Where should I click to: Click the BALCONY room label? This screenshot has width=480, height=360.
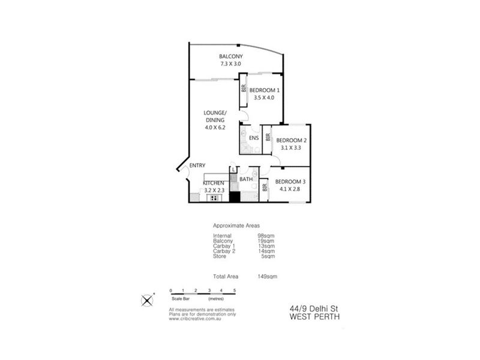[x=231, y=56]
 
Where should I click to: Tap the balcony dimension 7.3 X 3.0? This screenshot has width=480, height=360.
[x=230, y=64]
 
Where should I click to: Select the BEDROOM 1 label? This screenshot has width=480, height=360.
[x=264, y=91]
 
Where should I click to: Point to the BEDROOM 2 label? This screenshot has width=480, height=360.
[x=291, y=140]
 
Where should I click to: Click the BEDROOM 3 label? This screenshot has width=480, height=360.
[x=290, y=182]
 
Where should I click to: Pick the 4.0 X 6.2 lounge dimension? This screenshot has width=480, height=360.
[x=215, y=128]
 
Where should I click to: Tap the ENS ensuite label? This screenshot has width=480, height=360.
[x=254, y=138]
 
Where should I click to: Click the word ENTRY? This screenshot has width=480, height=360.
[x=197, y=166]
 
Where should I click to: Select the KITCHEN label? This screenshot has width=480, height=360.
[x=214, y=183]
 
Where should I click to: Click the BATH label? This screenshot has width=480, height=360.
[x=246, y=179]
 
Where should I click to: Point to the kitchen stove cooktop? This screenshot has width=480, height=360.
[x=214, y=198]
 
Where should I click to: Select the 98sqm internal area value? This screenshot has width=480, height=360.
[x=266, y=236]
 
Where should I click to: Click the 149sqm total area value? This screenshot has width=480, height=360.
[x=267, y=277]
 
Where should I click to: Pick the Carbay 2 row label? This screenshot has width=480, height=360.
[x=224, y=251]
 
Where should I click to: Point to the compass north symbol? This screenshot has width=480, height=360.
[x=147, y=301]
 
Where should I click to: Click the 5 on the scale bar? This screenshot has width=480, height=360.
[x=235, y=290]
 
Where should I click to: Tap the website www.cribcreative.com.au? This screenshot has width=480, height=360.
[x=194, y=319]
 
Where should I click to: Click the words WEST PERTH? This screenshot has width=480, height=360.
[x=314, y=317]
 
